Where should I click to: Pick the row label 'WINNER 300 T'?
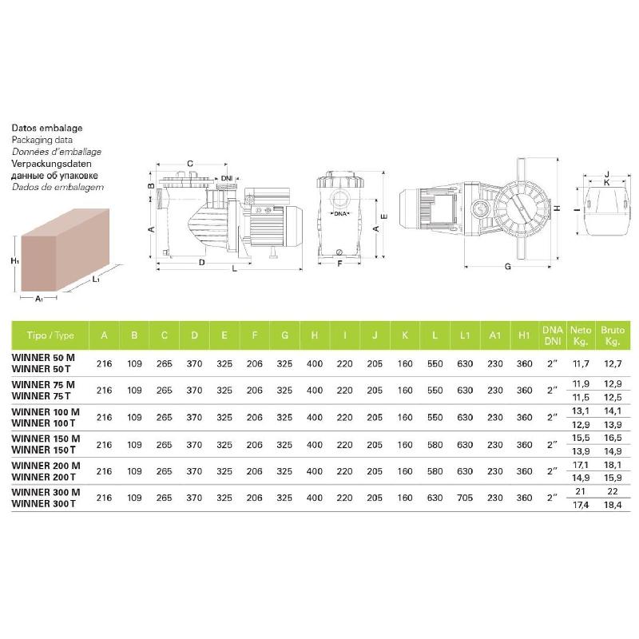click(42, 503)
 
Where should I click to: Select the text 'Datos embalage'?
click(47, 128)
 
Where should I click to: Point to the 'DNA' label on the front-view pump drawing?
click(341, 214)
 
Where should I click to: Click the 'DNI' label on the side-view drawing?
click(227, 177)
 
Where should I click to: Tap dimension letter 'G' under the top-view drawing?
click(507, 267)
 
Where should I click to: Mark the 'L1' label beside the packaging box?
click(96, 279)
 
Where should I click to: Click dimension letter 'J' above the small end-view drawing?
click(607, 173)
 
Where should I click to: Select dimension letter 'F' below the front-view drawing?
click(339, 263)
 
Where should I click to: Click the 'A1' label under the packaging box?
click(39, 299)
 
